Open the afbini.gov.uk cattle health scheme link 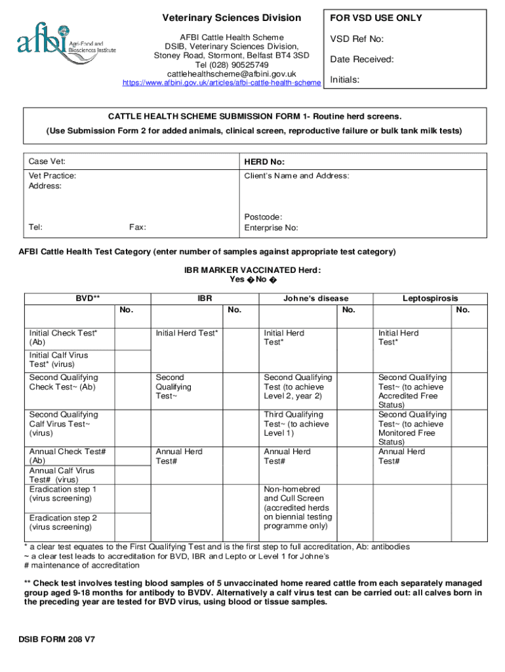coord(222,83)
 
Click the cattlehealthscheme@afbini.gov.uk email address coord(232,74)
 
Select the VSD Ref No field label coord(357,39)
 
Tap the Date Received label coord(362,60)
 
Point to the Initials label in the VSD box coord(344,80)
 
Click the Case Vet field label coord(47,161)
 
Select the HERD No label coord(264,161)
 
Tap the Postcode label coord(263,217)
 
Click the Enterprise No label coord(271,228)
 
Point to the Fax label coord(137,227)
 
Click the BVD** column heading coord(87,298)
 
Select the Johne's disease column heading coord(315,298)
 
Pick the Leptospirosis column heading coord(430,298)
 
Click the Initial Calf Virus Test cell coord(58,360)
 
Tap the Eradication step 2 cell coord(63,522)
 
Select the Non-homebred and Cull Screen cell coord(296,507)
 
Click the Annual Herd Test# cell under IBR coord(179,456)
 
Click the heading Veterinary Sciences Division coord(232,18)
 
